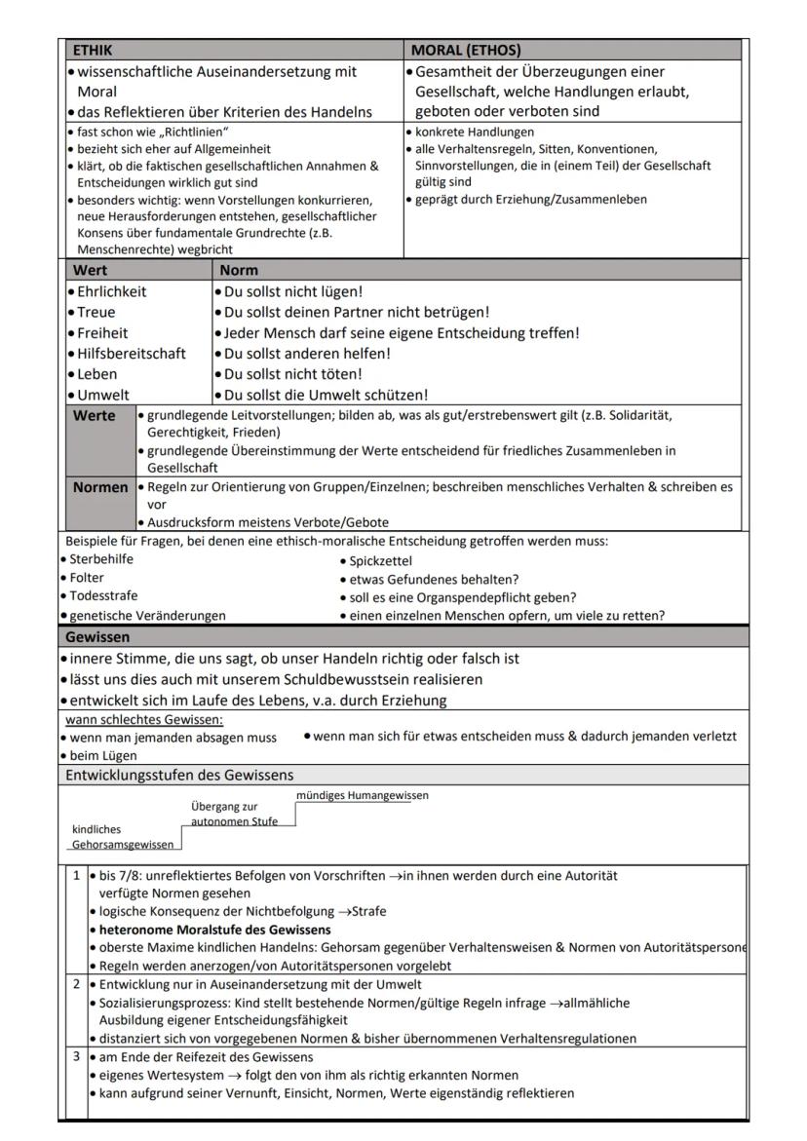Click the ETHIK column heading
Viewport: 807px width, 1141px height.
point(94,49)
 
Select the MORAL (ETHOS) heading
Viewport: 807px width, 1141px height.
point(466,49)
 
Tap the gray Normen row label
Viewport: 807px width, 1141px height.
point(100,487)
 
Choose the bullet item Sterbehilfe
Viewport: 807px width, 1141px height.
point(101,559)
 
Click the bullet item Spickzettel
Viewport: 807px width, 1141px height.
point(380,561)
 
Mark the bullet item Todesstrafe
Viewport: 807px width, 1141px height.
point(103,595)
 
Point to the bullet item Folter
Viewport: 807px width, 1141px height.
point(87,578)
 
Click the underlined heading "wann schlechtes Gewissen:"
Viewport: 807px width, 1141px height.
point(144,720)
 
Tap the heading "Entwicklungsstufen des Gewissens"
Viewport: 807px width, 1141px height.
point(178,776)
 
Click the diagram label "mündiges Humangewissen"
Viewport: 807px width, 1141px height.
point(362,796)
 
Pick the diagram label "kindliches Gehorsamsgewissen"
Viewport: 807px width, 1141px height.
point(122,837)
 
